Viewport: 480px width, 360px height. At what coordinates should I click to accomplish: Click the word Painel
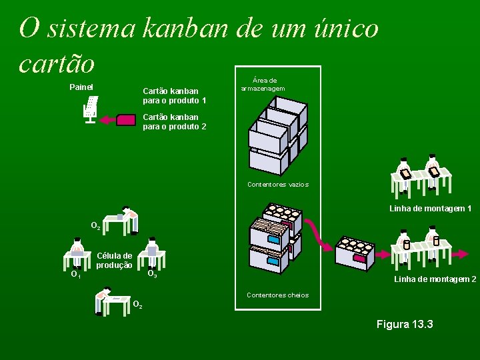(x=81, y=87)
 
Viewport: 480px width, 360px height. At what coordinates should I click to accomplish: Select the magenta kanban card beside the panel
(x=125, y=120)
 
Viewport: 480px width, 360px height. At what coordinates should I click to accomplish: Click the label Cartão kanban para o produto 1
(x=174, y=95)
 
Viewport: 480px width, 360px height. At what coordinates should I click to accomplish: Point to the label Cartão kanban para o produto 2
(x=174, y=121)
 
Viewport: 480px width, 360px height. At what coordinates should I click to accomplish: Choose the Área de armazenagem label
(x=263, y=84)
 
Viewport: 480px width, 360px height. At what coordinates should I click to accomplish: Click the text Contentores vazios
(x=277, y=184)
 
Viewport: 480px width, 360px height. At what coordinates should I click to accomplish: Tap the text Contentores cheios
(x=277, y=295)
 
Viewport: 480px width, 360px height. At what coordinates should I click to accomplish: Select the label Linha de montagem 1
(x=430, y=209)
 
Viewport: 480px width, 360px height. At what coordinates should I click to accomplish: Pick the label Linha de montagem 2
(x=435, y=279)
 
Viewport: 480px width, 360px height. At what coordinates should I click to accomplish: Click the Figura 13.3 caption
(x=405, y=325)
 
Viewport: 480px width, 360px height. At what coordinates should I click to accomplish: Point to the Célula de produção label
(x=114, y=260)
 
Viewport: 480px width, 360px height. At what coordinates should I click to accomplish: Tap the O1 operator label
(x=76, y=273)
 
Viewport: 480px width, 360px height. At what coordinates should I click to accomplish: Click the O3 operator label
(x=152, y=274)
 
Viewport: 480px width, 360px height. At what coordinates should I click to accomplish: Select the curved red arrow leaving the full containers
(x=319, y=234)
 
